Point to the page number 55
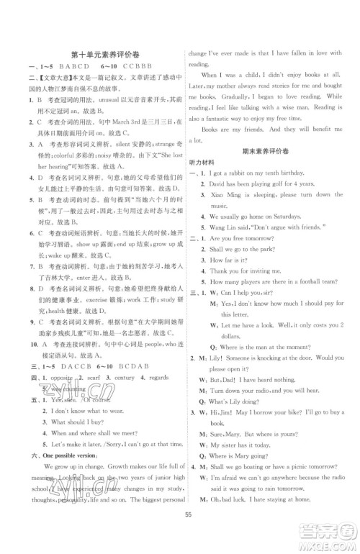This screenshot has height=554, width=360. [x=186, y=534]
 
